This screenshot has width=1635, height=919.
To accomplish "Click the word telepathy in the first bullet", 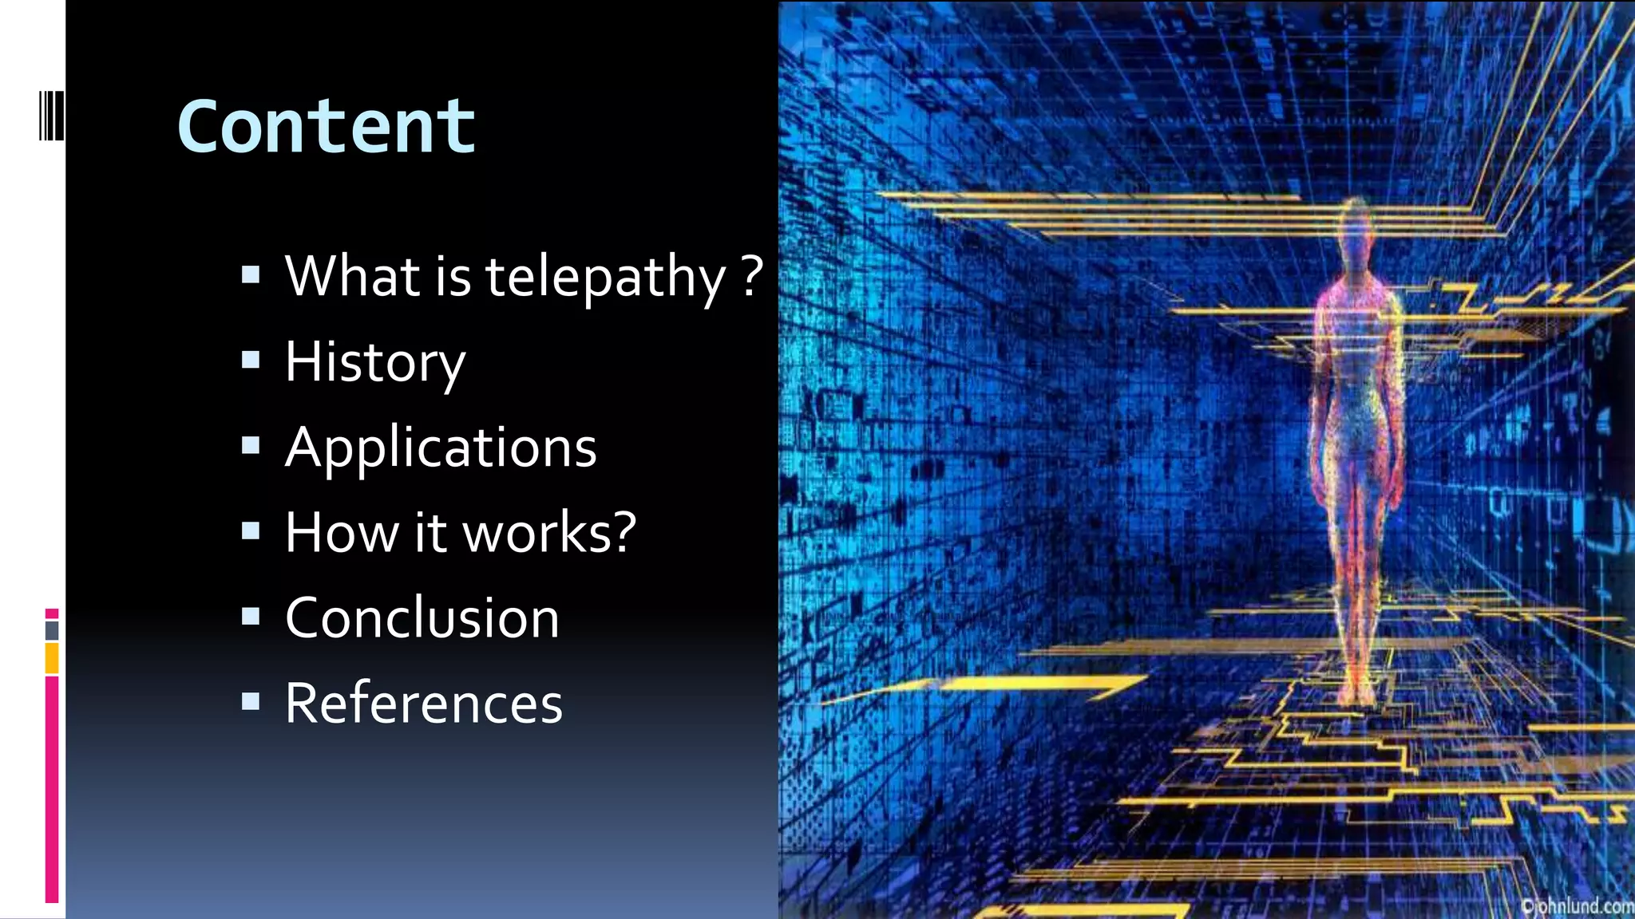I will pyautogui.click(x=604, y=277).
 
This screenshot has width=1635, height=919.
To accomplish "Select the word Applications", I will pyautogui.click(x=441, y=448).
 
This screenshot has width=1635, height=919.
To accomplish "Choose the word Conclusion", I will pyautogui.click(x=422, y=618).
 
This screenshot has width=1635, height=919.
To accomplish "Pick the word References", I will pyautogui.click(x=424, y=704).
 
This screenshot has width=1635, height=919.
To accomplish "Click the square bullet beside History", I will pyautogui.click(x=251, y=361).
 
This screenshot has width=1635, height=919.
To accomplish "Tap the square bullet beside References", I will pyautogui.click(x=251, y=701).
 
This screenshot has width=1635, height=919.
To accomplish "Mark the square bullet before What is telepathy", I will pyautogui.click(x=251, y=275).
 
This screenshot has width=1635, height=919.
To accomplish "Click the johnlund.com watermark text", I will pyautogui.click(x=1577, y=906).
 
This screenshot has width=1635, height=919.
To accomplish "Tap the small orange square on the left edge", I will pyautogui.click(x=52, y=659).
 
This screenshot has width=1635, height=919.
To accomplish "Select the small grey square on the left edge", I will pyautogui.click(x=52, y=631).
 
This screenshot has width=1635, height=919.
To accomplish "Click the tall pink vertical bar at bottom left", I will pyautogui.click(x=52, y=790).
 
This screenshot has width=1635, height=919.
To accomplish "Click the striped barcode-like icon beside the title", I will pyautogui.click(x=51, y=116).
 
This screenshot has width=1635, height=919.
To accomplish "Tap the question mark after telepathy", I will pyautogui.click(x=751, y=276).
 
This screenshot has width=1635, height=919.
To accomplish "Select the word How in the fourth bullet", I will pyautogui.click(x=342, y=532).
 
